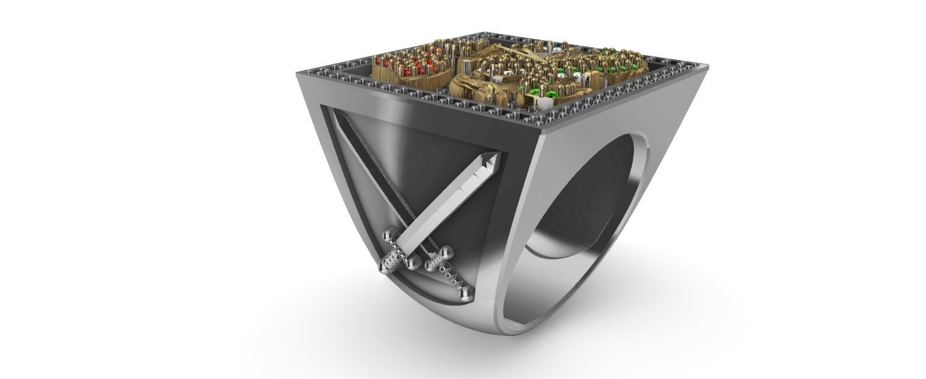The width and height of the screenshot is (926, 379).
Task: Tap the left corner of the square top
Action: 299,72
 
